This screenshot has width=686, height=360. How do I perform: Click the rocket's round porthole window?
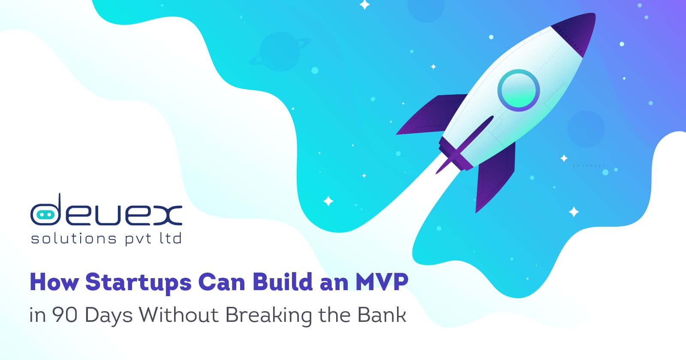point(518,90)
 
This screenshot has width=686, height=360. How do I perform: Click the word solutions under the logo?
point(73,238)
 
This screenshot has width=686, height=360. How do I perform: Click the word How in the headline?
point(54,282)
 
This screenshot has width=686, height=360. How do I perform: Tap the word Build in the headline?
point(283,282)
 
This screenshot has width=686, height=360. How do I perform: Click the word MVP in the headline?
point(382,282)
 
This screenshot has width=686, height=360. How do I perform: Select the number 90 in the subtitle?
point(64,315)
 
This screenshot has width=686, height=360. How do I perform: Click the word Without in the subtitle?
point(179,315)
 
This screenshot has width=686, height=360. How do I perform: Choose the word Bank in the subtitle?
point(382,315)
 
